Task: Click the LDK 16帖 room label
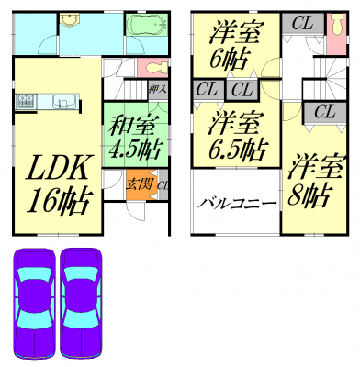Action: pos(57,184)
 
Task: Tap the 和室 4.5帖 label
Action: pos(135,137)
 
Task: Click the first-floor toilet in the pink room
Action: pos(154,68)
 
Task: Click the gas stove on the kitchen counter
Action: pos(27,101)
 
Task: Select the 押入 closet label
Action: pos(157,90)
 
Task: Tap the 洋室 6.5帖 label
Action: pos(236,137)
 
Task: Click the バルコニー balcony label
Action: pos(237,203)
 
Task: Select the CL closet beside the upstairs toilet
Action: pos(303,24)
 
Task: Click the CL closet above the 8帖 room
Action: pos(324,113)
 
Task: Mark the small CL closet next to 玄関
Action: pos(163,185)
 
